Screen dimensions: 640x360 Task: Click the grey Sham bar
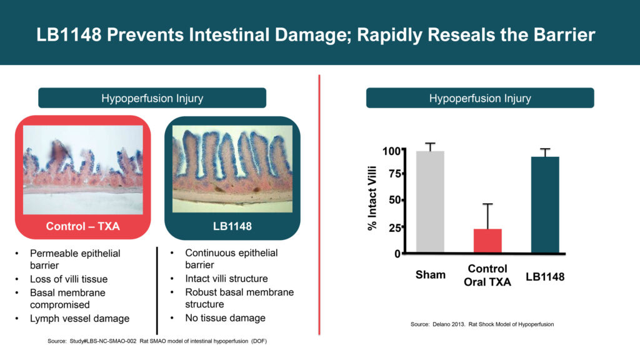pyautogui.click(x=430, y=202)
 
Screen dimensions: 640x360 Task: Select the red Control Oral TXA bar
pyautogui.click(x=487, y=241)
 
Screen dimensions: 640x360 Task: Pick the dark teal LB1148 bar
pyautogui.click(x=545, y=204)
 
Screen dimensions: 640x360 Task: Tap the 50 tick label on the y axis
pyautogui.click(x=395, y=200)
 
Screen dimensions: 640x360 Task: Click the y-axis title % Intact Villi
pyautogui.click(x=372, y=198)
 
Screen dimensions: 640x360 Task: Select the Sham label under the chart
pyautogui.click(x=431, y=275)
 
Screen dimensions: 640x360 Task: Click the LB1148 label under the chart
pyautogui.click(x=545, y=277)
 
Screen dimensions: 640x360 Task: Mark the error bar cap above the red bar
pyautogui.click(x=487, y=204)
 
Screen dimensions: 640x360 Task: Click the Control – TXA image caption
pyautogui.click(x=83, y=226)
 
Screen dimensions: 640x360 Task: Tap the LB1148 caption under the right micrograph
pyautogui.click(x=232, y=226)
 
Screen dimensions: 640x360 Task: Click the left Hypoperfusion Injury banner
pyautogui.click(x=152, y=98)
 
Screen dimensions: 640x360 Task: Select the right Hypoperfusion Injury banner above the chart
pyautogui.click(x=480, y=98)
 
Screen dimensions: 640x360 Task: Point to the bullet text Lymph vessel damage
pyautogui.click(x=79, y=318)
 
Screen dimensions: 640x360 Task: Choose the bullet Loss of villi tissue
pyautogui.click(x=69, y=279)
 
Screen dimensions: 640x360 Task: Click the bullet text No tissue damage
pyautogui.click(x=225, y=318)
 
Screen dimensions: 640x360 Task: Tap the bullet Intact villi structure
pyautogui.click(x=226, y=279)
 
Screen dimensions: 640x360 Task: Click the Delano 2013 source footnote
pyautogui.click(x=482, y=324)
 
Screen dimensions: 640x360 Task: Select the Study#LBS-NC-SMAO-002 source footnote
pyautogui.click(x=157, y=341)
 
